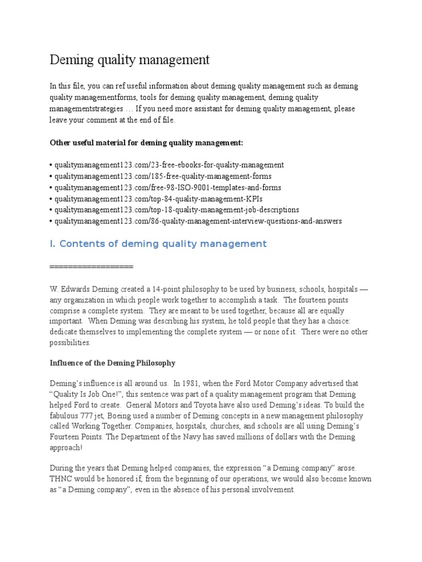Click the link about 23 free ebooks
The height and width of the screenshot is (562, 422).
tap(168, 165)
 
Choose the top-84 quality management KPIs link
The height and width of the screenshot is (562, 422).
tap(154, 199)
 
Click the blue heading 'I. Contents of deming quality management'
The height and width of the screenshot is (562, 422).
tap(158, 244)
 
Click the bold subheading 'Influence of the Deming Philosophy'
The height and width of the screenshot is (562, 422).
tap(113, 362)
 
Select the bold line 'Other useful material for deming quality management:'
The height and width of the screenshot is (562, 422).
tap(146, 143)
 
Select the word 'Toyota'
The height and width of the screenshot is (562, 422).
tap(256, 404)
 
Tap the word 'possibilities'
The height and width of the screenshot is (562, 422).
tap(70, 342)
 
